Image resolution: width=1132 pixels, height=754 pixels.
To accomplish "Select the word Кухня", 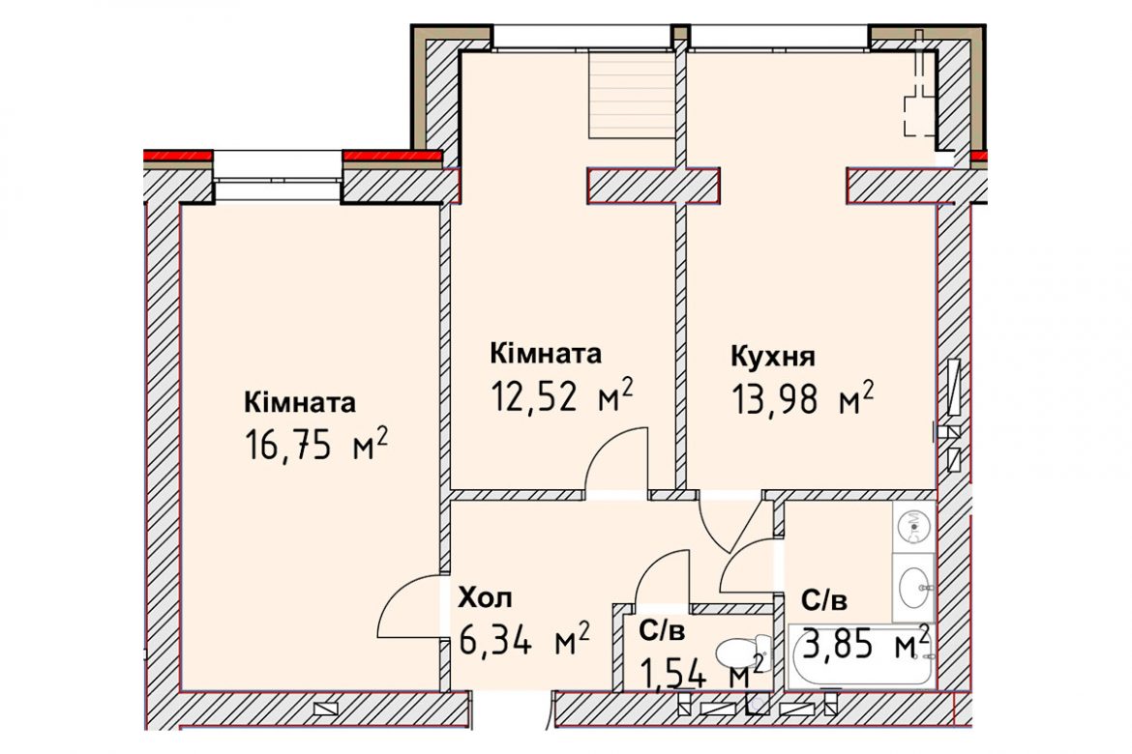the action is (x=773, y=356).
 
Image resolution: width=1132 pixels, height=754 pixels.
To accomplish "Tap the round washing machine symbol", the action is (x=914, y=527).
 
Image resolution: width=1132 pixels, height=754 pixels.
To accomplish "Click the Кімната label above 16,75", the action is (x=300, y=402).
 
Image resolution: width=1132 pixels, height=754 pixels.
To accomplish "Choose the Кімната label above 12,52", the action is (x=546, y=354).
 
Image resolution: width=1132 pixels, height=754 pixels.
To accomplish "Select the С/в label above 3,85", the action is (x=823, y=599).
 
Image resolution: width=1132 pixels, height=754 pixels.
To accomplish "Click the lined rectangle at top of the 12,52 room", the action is (x=633, y=94).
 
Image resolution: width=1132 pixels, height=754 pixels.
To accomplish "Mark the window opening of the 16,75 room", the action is (x=278, y=171).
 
